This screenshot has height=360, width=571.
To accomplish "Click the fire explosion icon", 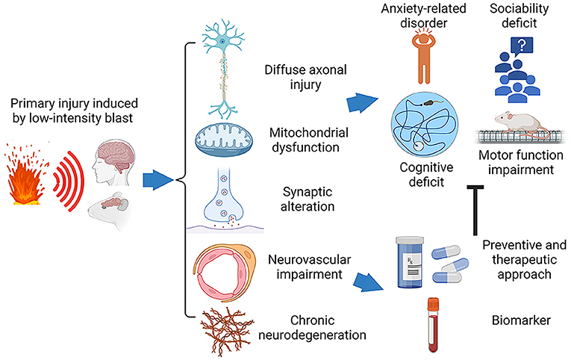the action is [x=26, y=175].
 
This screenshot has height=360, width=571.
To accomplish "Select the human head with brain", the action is [x=113, y=163].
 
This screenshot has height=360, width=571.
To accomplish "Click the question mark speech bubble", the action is [x=522, y=46].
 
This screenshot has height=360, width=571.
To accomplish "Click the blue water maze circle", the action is [x=425, y=125].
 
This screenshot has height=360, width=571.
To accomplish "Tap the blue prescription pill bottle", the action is [x=410, y=261].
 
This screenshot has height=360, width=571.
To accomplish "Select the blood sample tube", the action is [x=433, y=325].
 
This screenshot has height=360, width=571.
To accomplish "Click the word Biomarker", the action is [x=521, y=320].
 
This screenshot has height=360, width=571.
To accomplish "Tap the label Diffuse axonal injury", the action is [x=305, y=77].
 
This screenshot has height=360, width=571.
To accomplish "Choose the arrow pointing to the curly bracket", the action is [x=157, y=180].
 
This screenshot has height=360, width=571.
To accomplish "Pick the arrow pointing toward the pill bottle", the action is [x=368, y=282].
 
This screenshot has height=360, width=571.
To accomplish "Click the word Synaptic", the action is [x=308, y=193].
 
